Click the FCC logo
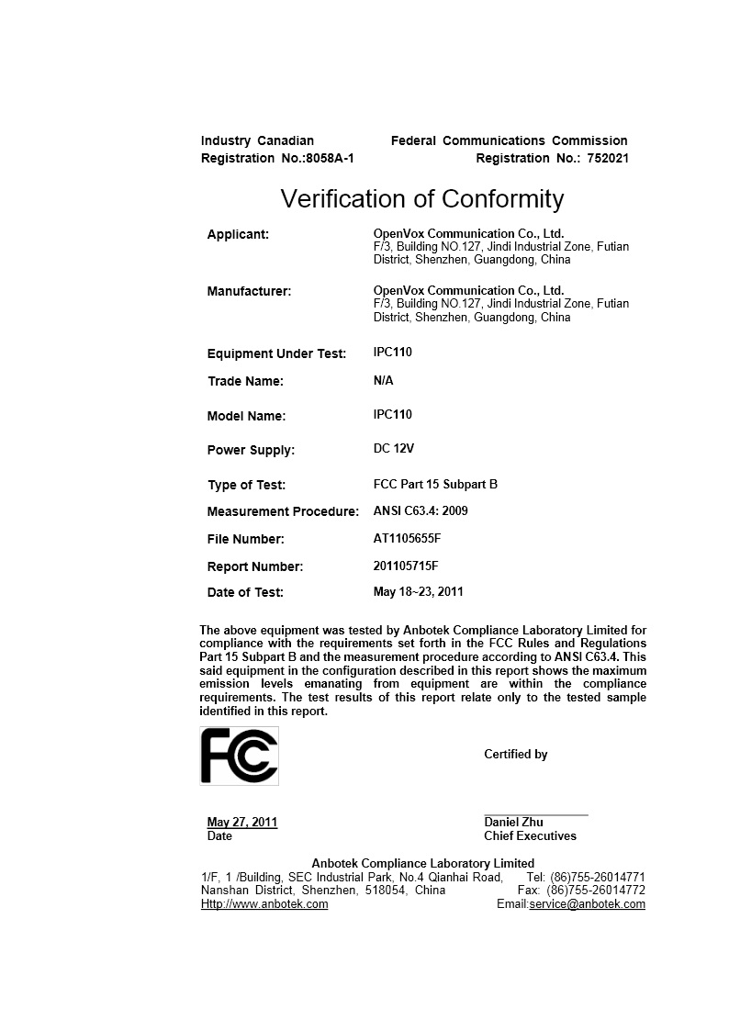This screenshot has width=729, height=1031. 239,756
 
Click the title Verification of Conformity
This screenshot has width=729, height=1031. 421,198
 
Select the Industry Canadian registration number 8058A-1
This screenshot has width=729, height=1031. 330,159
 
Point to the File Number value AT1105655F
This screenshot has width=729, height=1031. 406,538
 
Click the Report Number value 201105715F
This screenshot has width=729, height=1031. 406,566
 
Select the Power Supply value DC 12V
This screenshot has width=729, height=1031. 394,449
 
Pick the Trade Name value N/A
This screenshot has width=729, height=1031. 383,380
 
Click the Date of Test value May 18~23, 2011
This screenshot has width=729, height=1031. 418,591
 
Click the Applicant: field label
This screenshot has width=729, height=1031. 238,234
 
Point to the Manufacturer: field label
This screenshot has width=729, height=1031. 249,291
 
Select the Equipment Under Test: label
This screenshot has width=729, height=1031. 276,353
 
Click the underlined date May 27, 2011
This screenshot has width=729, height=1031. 242,822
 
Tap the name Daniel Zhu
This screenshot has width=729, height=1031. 513,822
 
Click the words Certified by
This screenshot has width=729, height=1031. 515,754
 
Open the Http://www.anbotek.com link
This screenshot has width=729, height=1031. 264,903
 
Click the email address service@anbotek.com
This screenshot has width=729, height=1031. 587,903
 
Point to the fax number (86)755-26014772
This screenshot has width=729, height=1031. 596,890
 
